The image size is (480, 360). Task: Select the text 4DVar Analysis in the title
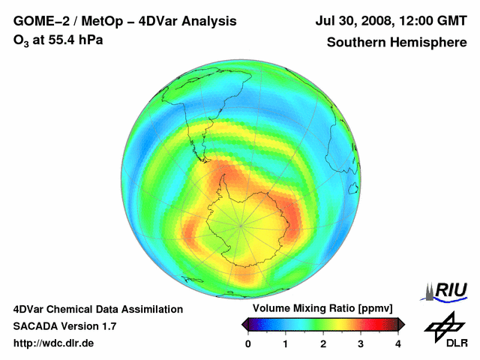coord(192,22)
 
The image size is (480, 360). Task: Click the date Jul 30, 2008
coord(358,22)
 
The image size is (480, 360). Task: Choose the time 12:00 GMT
coord(436,22)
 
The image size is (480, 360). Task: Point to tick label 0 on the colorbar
coord(248,343)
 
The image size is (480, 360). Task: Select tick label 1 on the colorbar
coord(286,343)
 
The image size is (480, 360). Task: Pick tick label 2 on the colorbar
coord(323,343)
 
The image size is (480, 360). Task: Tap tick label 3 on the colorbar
coord(361,343)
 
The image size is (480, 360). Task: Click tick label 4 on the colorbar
coord(398,343)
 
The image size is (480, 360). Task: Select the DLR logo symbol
coord(445,324)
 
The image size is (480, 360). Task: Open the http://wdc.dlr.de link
coord(54,343)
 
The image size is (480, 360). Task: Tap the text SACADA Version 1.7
coord(64,326)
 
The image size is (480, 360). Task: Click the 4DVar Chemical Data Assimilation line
coord(97,309)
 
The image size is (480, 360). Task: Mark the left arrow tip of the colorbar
coord(242,324)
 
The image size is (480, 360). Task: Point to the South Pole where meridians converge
coord(240,223)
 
